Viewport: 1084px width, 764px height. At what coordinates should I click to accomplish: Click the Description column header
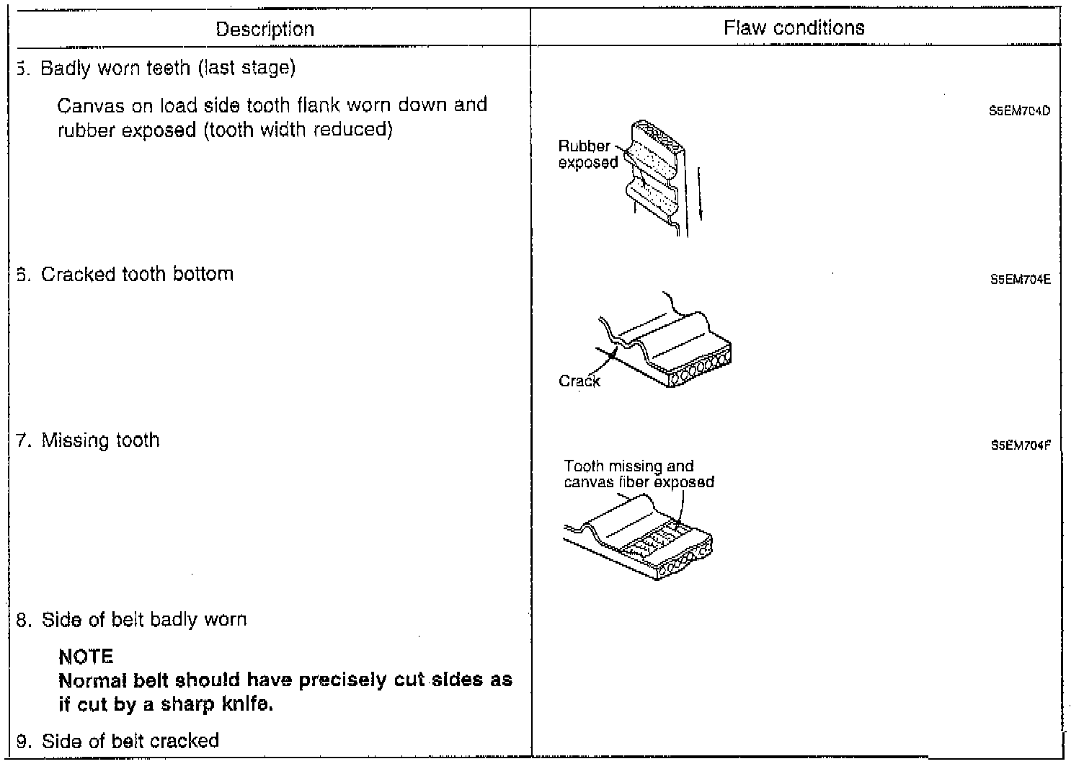[265, 30]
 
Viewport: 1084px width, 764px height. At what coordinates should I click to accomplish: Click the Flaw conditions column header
[794, 27]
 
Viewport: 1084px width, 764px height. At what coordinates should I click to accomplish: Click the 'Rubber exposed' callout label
[587, 154]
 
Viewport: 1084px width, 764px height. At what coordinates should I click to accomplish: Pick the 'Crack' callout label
[579, 381]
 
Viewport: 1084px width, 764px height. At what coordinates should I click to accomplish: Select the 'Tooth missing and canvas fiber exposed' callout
[639, 474]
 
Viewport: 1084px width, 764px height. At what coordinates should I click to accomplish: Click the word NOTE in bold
[86, 657]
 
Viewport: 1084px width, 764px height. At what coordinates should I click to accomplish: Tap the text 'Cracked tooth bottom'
[137, 275]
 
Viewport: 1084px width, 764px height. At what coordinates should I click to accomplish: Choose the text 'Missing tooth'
[100, 440]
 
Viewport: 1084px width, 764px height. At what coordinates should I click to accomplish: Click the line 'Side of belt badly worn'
[144, 620]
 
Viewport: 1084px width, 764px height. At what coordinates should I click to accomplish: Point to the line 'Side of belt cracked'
[130, 741]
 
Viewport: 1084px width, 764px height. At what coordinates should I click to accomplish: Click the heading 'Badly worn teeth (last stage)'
[167, 68]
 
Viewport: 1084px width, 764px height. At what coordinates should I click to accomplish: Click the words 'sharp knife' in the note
[228, 704]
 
